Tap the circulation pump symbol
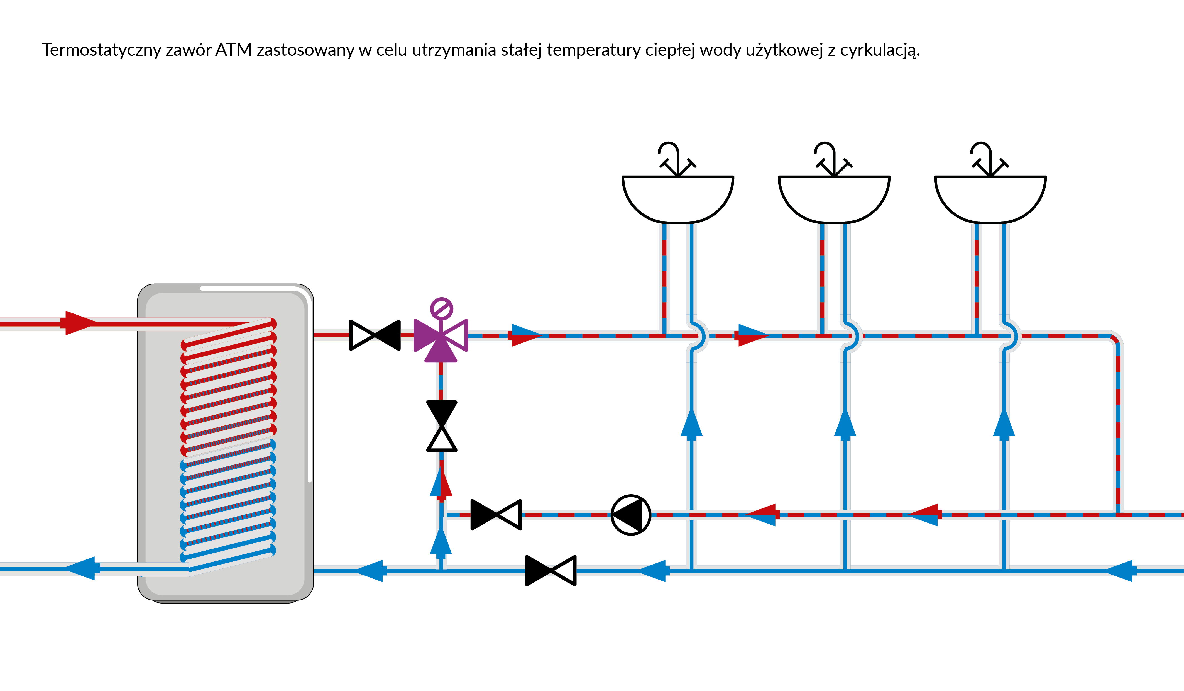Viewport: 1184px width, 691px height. pyautogui.click(x=630, y=515)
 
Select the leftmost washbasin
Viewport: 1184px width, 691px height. pyautogui.click(x=677, y=198)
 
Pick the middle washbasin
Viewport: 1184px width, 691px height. pyautogui.click(x=834, y=198)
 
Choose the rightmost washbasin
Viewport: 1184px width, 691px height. pyautogui.click(x=990, y=198)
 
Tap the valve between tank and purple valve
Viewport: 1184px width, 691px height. pyautogui.click(x=375, y=335)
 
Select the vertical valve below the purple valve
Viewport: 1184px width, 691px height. pyautogui.click(x=441, y=426)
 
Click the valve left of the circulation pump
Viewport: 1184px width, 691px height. pyautogui.click(x=496, y=515)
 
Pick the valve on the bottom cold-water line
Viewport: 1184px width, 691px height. pyautogui.click(x=550, y=571)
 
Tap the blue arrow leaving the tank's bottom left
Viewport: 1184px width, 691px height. pyautogui.click(x=82, y=569)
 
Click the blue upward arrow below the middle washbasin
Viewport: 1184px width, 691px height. pyautogui.click(x=845, y=424)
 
